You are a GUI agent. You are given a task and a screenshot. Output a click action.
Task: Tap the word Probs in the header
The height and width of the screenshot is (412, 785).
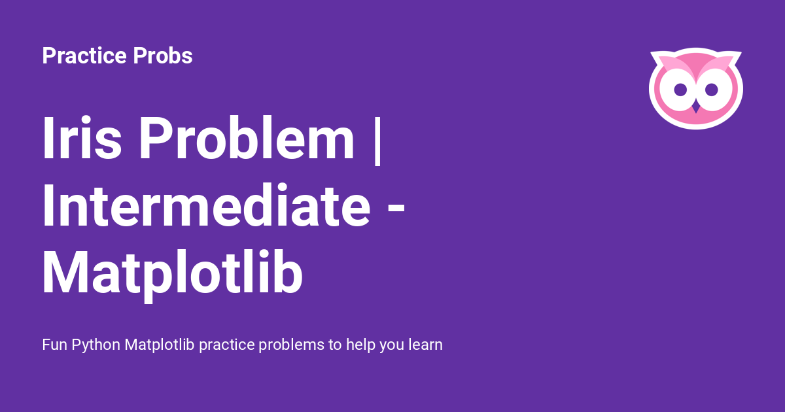(163, 56)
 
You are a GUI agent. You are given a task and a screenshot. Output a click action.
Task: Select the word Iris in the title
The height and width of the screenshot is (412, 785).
(82, 138)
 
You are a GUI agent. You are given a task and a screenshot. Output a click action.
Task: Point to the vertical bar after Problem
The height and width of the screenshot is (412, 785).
(377, 140)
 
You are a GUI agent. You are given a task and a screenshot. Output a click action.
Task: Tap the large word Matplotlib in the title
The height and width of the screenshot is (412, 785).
(173, 273)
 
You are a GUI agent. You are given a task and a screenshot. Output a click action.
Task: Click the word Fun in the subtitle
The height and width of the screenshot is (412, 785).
(54, 345)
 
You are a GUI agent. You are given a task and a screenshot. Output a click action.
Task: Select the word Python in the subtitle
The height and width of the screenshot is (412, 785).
(96, 345)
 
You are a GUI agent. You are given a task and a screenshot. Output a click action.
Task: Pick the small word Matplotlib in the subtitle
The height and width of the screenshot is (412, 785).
(160, 345)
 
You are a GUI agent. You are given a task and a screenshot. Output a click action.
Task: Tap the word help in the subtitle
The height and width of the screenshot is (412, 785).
(360, 345)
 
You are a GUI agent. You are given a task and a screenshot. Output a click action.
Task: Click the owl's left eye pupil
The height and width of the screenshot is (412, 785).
(680, 90)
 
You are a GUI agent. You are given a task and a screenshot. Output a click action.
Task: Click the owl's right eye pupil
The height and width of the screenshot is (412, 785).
(712, 90)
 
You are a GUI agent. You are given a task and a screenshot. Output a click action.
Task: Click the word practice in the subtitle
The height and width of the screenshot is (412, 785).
(227, 345)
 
